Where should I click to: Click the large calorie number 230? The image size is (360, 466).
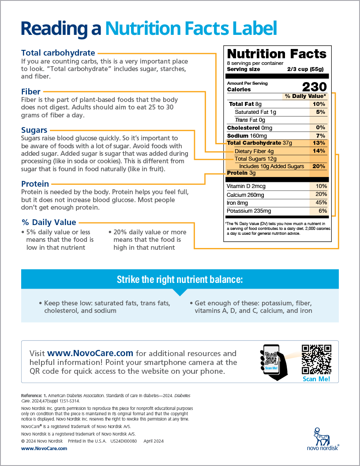click(314, 86)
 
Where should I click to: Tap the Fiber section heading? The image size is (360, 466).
click(31, 92)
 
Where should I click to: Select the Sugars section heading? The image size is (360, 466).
click(34, 130)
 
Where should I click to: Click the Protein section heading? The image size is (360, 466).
click(35, 184)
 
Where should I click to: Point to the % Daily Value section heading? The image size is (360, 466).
click(49, 222)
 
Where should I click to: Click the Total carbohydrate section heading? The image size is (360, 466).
click(58, 53)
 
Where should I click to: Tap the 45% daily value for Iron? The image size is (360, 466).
click(321, 203)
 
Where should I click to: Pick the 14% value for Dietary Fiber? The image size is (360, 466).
click(319, 151)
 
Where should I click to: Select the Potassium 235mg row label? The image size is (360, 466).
click(249, 211)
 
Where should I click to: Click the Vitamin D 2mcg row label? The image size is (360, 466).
click(246, 186)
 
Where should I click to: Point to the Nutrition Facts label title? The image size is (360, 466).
click(277, 54)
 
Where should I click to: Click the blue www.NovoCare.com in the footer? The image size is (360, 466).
click(44, 448)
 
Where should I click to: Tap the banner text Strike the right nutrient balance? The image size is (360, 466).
click(180, 279)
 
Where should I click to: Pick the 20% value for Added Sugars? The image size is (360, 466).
click(319, 166)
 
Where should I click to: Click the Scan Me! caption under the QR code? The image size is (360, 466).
click(316, 379)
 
